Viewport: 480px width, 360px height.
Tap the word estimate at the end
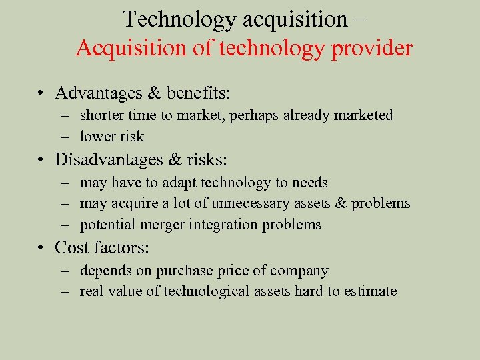[371, 291]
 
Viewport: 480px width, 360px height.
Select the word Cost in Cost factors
[72, 247]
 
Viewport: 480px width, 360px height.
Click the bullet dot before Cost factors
[41, 248]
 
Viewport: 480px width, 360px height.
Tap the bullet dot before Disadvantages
[41, 160]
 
